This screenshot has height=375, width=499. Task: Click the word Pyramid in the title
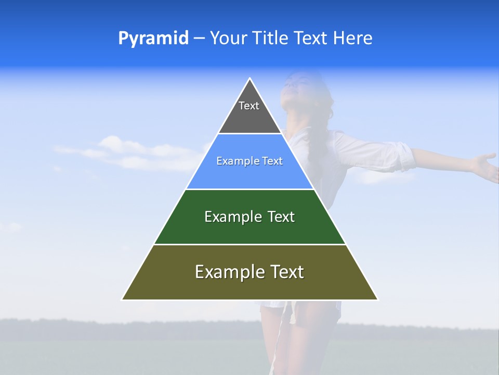[153, 38]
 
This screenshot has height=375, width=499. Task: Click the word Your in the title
[229, 38]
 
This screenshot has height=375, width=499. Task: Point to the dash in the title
[199, 39]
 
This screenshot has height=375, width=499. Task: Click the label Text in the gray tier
[249, 106]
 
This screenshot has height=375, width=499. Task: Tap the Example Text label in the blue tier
[249, 161]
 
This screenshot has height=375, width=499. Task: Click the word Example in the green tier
[227, 217]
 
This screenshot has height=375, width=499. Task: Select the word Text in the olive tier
[284, 272]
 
